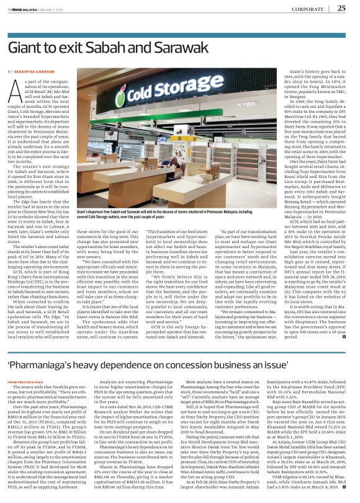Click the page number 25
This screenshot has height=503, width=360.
click(342, 8)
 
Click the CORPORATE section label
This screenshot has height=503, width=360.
click(308, 9)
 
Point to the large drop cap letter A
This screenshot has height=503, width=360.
click(18, 92)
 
